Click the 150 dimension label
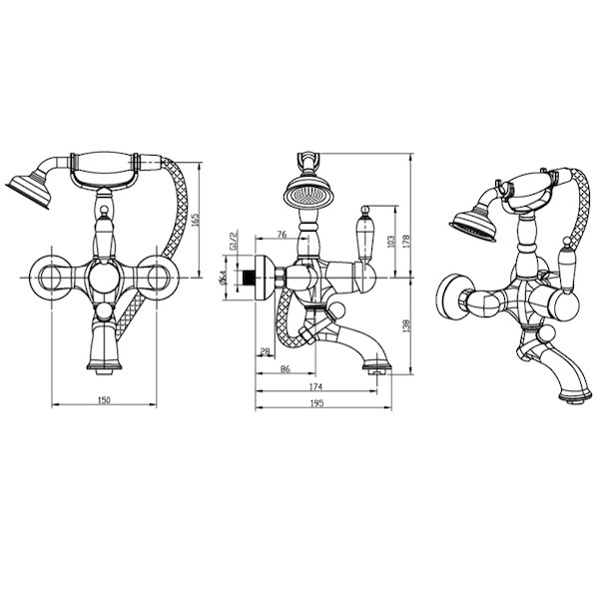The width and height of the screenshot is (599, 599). point(104,400)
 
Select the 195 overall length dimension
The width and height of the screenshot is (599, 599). point(317,403)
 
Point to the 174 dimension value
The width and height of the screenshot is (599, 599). point(316,386)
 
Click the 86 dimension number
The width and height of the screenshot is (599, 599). point(286,369)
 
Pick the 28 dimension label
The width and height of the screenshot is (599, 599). point(265,351)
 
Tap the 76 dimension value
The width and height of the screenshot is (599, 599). point(282,235)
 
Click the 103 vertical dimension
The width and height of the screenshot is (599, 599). point(390,242)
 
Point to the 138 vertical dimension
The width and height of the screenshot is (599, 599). point(406,325)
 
